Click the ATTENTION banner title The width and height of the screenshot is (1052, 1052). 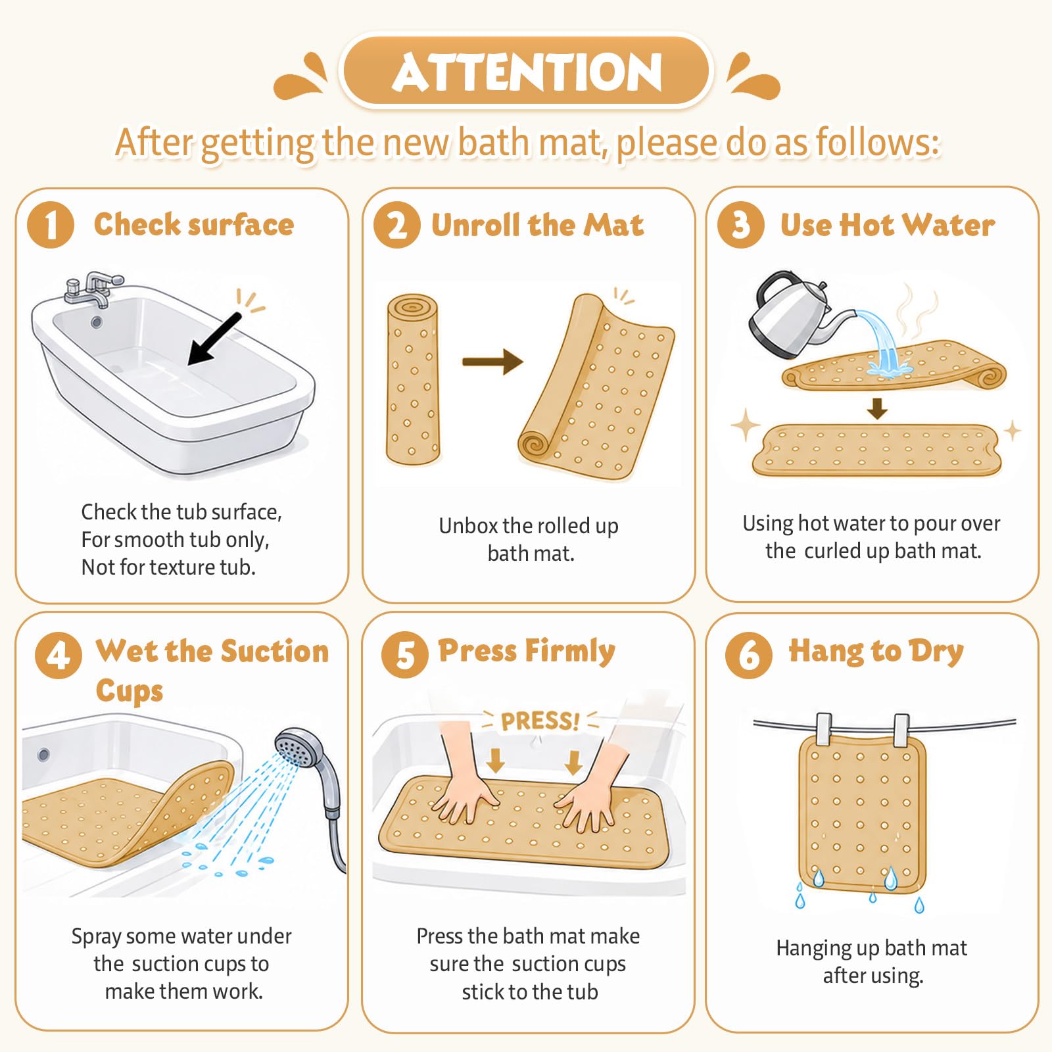(x=527, y=72)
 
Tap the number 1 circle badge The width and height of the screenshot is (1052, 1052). (x=51, y=225)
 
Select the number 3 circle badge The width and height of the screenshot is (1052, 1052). (x=740, y=225)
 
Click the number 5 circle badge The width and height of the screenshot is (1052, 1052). (x=405, y=655)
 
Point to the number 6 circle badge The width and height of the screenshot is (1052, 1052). (x=749, y=655)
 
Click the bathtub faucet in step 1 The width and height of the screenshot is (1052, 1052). (x=94, y=289)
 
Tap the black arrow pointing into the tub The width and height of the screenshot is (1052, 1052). (x=214, y=338)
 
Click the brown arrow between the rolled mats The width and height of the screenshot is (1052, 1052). (x=492, y=361)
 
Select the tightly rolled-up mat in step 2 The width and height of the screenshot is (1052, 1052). (x=412, y=379)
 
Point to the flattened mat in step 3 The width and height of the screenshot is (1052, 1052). (x=877, y=450)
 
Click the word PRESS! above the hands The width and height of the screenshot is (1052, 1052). (x=540, y=721)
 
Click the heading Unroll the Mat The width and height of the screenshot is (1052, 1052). (x=538, y=225)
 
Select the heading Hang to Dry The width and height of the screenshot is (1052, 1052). (x=876, y=652)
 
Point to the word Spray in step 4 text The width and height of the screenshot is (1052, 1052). (x=97, y=937)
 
